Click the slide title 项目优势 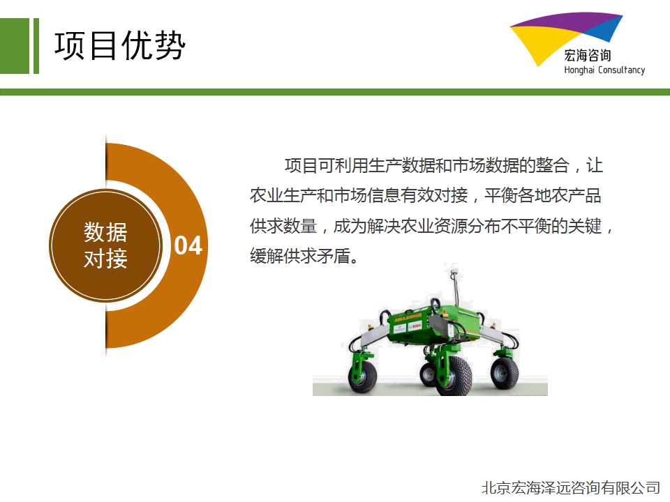point(119,45)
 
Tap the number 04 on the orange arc point(188,245)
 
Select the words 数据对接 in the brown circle point(105,245)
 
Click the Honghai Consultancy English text point(604,70)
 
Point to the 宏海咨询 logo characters point(588,55)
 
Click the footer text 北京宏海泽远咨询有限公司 point(571,487)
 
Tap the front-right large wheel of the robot point(454,376)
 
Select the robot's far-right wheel point(505,372)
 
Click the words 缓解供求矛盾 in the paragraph point(300,256)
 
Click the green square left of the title point(15,46)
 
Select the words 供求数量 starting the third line point(283,226)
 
